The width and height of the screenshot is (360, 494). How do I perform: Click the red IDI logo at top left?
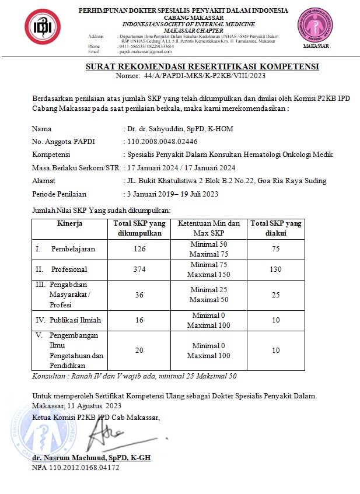tap(43, 28)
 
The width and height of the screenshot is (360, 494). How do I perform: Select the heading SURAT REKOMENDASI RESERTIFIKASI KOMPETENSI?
tap(202, 67)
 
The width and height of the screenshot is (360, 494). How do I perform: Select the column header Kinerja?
tap(70, 223)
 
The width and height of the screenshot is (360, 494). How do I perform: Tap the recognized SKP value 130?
tap(275, 269)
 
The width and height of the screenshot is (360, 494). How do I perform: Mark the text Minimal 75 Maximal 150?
tap(208, 269)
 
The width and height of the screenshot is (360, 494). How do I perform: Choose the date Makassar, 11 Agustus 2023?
tap(77, 405)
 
